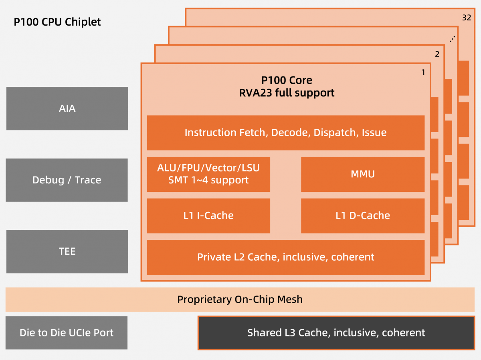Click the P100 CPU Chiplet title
click(x=57, y=22)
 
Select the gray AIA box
click(x=67, y=109)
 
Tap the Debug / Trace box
click(x=67, y=180)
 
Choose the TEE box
click(x=67, y=251)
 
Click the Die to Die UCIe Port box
click(x=67, y=333)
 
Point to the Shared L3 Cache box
click(x=336, y=333)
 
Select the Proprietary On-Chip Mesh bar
click(x=240, y=300)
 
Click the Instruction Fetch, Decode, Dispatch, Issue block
click(x=285, y=133)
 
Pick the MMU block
click(x=362, y=174)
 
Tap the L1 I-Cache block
click(x=208, y=215)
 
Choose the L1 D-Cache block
click(x=362, y=215)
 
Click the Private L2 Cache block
click(x=285, y=257)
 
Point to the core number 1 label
click(x=423, y=72)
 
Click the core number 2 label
click(x=437, y=54)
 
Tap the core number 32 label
click(x=466, y=18)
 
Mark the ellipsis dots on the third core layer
click(x=452, y=39)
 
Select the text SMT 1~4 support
click(x=208, y=180)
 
